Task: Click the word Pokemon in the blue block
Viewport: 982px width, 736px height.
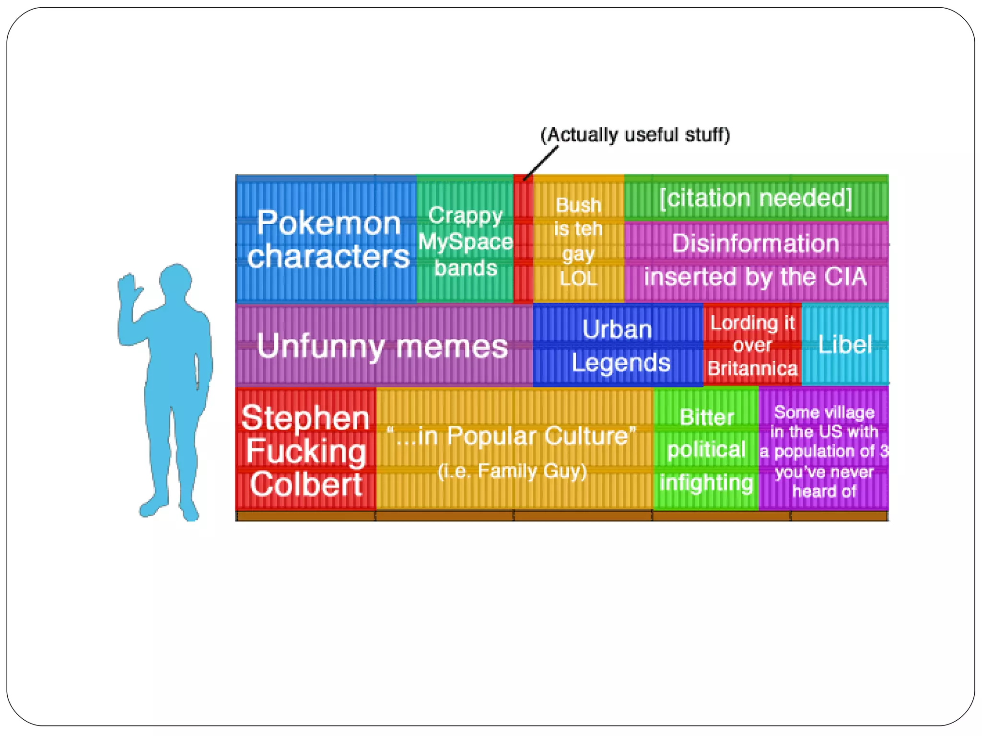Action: click(328, 223)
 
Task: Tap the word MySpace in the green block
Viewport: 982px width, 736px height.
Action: click(465, 241)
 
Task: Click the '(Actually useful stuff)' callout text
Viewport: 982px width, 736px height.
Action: click(635, 135)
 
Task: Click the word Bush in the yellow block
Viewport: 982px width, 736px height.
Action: click(578, 205)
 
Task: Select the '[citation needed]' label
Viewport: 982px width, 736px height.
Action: click(756, 198)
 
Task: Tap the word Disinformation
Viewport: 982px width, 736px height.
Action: click(755, 243)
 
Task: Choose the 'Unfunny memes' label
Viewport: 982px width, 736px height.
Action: click(382, 346)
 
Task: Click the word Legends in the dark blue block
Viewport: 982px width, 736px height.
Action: click(620, 363)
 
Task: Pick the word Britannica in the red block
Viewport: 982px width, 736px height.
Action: click(752, 368)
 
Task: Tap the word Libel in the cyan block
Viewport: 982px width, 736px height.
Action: click(845, 345)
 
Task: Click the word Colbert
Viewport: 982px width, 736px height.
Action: click(306, 484)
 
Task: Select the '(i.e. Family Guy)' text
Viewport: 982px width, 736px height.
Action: click(512, 471)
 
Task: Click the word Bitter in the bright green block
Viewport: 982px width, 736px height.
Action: click(707, 417)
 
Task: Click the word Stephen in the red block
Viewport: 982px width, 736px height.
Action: click(305, 418)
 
